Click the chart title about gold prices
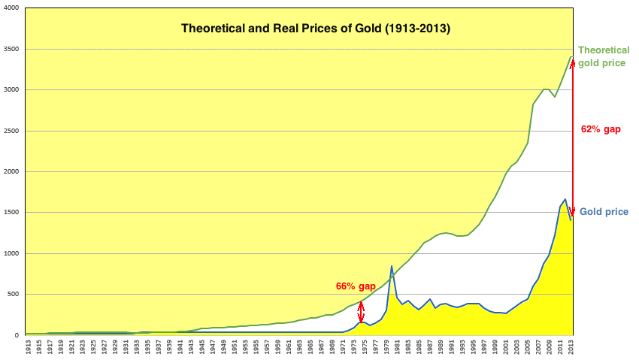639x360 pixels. click(316, 29)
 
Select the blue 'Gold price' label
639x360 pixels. click(601, 213)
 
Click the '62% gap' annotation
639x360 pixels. click(601, 129)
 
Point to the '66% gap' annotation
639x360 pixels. click(355, 286)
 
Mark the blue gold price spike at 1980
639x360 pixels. click(392, 266)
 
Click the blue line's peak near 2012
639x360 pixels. click(565, 199)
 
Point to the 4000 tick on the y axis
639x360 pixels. click(12, 8)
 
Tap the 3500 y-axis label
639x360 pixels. click(12, 49)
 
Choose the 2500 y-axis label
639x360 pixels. click(12, 131)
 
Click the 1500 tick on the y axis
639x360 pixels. click(12, 213)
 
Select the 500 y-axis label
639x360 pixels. click(14, 294)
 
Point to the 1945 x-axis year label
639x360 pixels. click(201, 348)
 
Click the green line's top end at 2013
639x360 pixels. click(571, 56)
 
